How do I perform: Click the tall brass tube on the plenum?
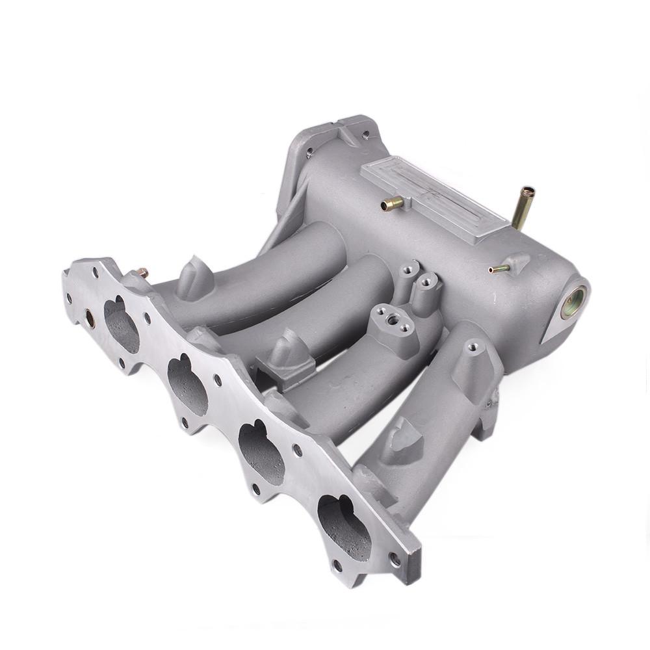coord(523,207)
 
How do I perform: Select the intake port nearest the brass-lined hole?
coord(122,324)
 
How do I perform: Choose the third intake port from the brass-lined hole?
coord(261,448)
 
